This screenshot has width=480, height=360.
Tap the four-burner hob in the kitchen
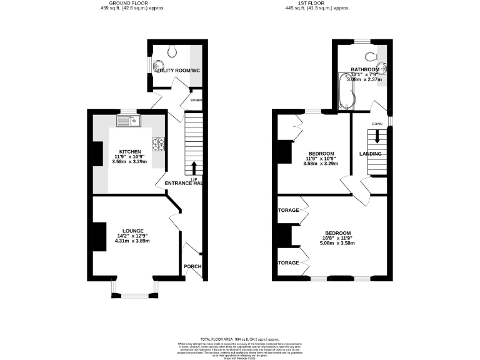(158, 144)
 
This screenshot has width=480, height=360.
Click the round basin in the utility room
(159, 66)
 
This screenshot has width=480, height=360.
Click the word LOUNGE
(133, 230)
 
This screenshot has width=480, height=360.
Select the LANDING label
(370, 154)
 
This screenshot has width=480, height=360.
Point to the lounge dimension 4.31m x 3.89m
(133, 241)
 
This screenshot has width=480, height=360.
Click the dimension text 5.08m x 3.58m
(337, 243)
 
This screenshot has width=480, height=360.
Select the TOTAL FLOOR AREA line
(239, 337)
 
